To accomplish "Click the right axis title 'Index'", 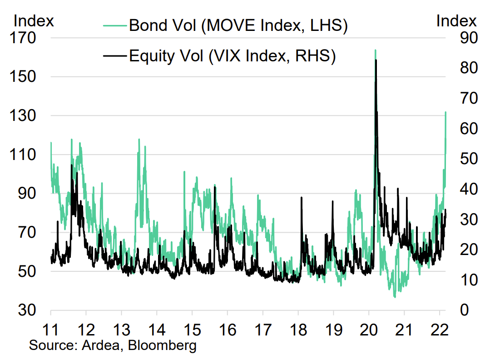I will click(x=456, y=21).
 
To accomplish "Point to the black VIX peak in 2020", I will click(x=376, y=61).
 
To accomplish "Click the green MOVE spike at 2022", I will click(x=445, y=112).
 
